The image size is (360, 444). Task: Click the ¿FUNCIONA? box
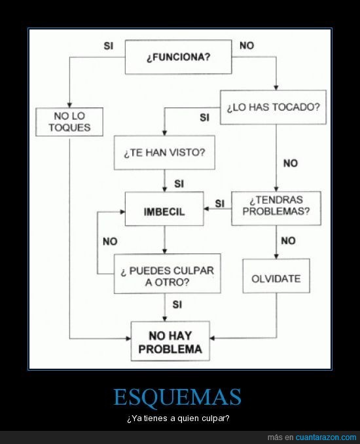[x=178, y=57]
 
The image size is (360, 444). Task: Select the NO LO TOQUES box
[x=69, y=122]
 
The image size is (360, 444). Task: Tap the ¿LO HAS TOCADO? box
[x=273, y=107]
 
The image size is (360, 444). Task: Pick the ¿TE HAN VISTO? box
[x=164, y=153]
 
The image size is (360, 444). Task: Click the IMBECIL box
[x=164, y=209]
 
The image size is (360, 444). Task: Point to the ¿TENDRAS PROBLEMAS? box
[x=276, y=208]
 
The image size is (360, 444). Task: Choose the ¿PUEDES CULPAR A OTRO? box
[x=168, y=274]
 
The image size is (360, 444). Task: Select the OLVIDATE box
[x=276, y=276]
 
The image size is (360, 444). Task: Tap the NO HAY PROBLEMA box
[x=170, y=341]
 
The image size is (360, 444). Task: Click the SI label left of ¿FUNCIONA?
[x=109, y=46]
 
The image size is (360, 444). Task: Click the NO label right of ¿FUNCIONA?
[x=247, y=46]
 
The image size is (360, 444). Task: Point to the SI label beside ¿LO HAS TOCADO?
[x=204, y=117]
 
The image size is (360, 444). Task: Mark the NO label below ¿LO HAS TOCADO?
[x=291, y=163]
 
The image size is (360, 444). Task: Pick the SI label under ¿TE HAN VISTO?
[x=179, y=184]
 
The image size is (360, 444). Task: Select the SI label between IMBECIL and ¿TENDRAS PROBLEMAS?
[x=220, y=204]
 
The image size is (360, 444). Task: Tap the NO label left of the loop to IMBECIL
[x=110, y=242]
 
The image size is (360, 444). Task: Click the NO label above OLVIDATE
[x=289, y=241]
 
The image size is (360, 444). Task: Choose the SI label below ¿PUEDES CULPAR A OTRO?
[x=177, y=305]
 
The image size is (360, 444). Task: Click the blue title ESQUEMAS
[x=177, y=397]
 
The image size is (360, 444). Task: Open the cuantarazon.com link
[x=326, y=437]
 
